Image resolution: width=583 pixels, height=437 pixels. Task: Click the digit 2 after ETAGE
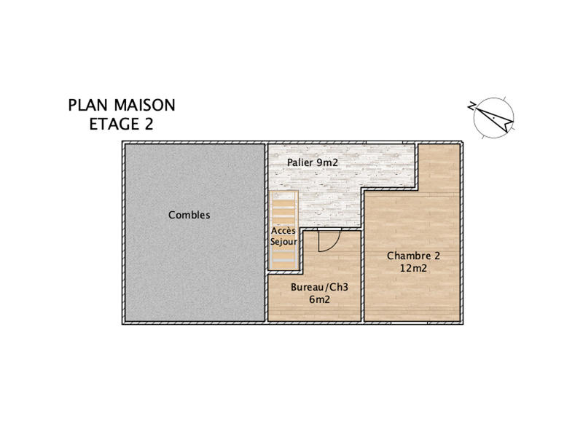click(x=149, y=124)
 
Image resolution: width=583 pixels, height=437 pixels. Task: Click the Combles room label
click(x=189, y=215)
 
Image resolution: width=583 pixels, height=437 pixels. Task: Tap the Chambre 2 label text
click(x=413, y=256)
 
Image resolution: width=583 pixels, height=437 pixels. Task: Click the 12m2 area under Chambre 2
click(x=413, y=268)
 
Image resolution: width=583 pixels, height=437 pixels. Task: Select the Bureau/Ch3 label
click(x=319, y=287)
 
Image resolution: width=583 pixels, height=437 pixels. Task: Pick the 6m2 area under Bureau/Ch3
click(x=319, y=299)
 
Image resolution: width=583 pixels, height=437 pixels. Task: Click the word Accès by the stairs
click(x=284, y=230)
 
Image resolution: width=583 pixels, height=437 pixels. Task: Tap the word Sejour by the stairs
click(x=284, y=241)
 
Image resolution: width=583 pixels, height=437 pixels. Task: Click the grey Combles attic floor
click(x=194, y=269)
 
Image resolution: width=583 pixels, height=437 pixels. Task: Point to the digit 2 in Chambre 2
click(x=437, y=256)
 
